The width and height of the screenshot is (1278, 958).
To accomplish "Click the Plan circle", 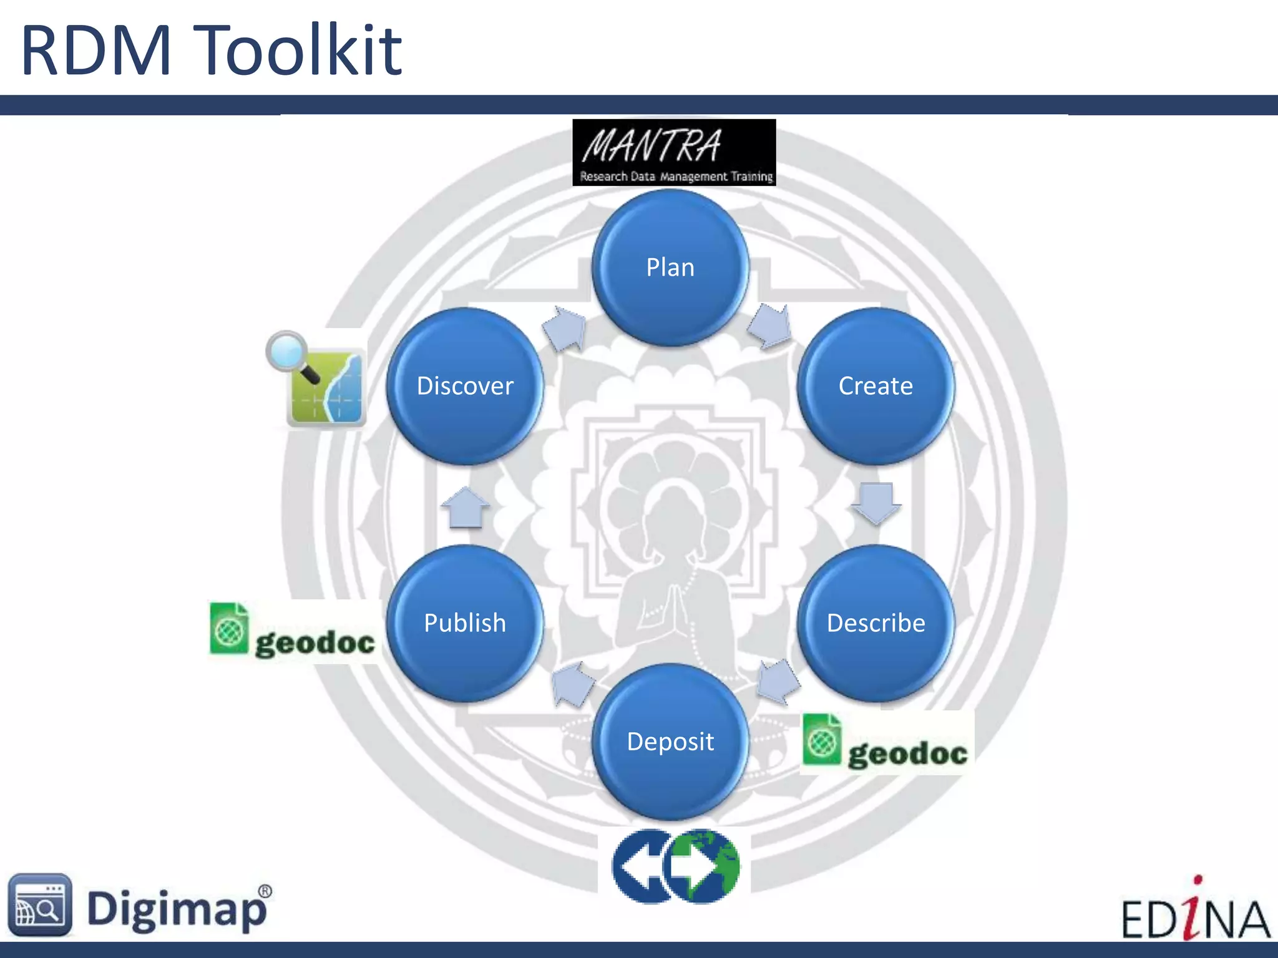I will click(670, 268).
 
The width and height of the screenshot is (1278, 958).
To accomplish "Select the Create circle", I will click(876, 386).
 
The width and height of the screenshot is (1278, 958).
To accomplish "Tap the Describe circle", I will click(876, 623).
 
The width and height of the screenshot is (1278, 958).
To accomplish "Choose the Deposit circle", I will click(670, 742).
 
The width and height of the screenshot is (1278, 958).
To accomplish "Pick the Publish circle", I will click(465, 623).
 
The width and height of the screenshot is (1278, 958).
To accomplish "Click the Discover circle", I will click(465, 386).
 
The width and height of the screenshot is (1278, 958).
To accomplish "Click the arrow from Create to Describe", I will click(876, 503).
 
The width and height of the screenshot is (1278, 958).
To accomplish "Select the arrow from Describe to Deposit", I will click(778, 681).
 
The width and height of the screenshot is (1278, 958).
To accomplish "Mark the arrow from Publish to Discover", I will click(465, 506).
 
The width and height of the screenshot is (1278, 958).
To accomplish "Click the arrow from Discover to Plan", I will click(565, 328).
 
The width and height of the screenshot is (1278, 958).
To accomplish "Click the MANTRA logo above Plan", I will click(674, 153).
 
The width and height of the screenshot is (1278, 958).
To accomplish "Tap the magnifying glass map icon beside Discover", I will click(317, 379).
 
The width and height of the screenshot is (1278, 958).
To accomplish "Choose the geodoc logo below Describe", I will click(886, 742).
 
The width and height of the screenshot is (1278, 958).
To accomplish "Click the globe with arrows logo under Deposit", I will click(676, 866).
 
